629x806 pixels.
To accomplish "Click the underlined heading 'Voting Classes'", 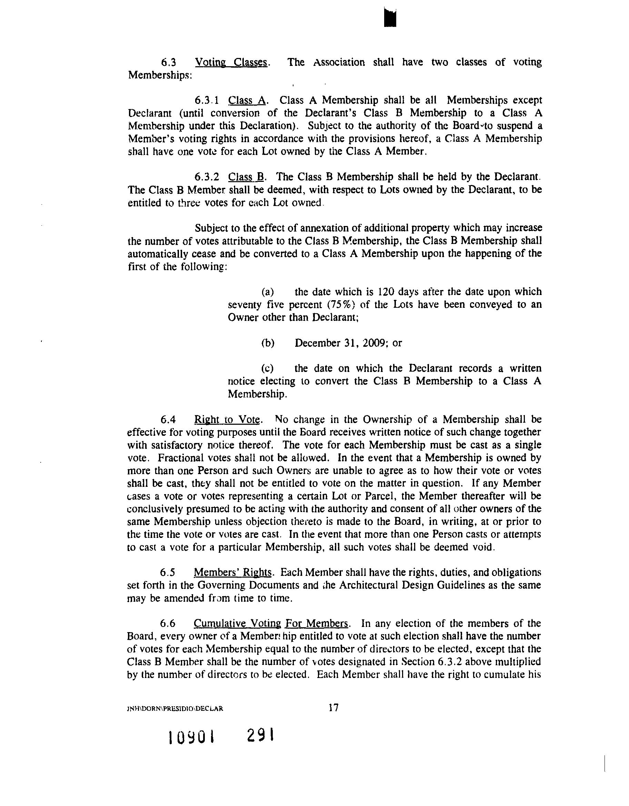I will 231,62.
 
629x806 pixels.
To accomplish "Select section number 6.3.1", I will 207,100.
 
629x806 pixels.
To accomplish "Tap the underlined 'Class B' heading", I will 246,177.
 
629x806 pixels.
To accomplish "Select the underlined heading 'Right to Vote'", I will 228,420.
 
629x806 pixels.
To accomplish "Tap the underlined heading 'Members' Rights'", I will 233,572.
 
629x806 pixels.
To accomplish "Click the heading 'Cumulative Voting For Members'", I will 271,623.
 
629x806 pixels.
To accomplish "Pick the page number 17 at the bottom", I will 333,707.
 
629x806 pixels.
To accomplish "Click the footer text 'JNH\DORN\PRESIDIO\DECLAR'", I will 175,709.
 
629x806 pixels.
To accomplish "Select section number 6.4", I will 168,420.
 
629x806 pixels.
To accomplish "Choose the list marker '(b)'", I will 268,343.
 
